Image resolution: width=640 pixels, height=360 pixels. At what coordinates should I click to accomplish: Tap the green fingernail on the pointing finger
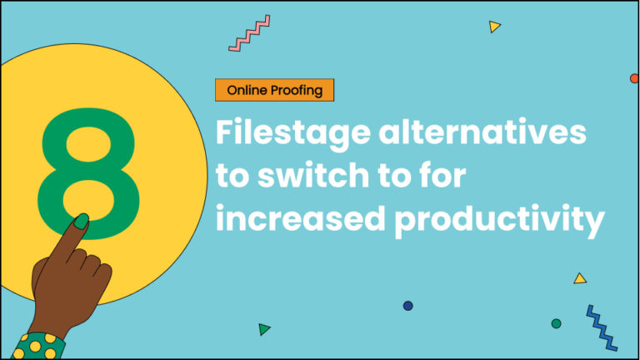pyautogui.click(x=82, y=222)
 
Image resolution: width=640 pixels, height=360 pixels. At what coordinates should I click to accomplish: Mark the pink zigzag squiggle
pyautogui.click(x=249, y=32)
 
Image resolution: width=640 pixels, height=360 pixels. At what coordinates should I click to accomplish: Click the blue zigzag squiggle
pyautogui.click(x=601, y=327)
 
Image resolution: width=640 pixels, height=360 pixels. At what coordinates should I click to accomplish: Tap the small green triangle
pyautogui.click(x=264, y=329)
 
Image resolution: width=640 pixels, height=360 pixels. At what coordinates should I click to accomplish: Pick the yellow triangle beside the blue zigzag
pyautogui.click(x=580, y=278)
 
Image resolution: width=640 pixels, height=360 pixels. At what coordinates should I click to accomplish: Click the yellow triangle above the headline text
pyautogui.click(x=495, y=27)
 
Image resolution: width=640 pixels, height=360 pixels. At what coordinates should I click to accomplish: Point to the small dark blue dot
pyautogui.click(x=407, y=306)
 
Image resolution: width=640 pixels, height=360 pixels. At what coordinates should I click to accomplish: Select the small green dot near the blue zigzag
pyautogui.click(x=556, y=323)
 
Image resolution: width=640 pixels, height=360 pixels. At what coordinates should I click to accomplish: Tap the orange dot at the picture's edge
pyautogui.click(x=634, y=78)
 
